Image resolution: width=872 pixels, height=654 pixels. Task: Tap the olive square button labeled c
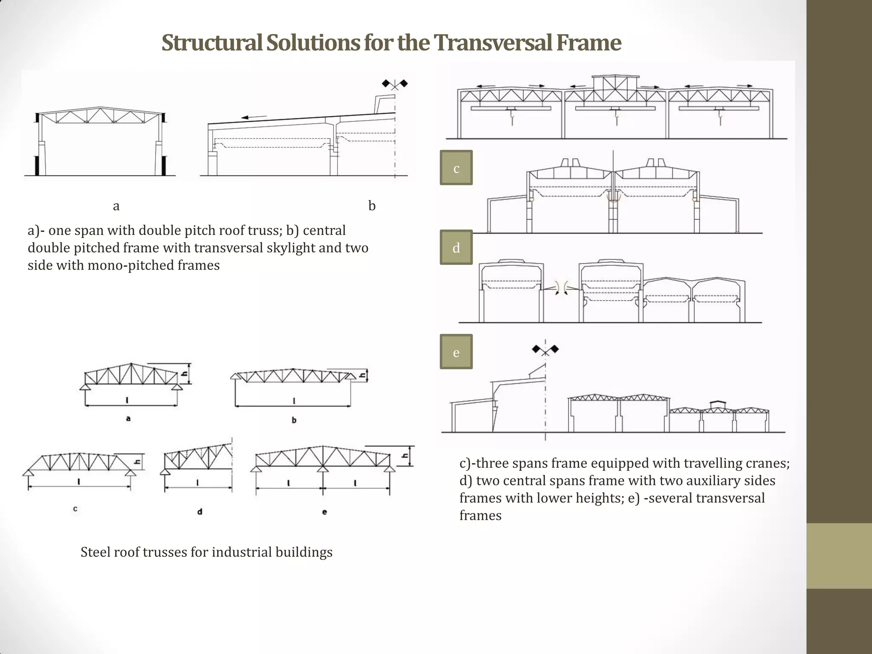point(456,168)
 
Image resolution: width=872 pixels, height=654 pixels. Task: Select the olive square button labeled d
point(456,247)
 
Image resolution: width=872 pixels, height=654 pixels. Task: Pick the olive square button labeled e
point(456,352)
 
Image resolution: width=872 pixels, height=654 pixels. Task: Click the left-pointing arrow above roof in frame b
point(253,117)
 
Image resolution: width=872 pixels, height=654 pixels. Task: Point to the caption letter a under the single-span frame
point(116,206)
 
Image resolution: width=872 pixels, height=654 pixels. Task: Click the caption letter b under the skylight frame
point(372,206)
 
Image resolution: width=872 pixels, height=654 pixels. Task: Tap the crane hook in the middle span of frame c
point(616,115)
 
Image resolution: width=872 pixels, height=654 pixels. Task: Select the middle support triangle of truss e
point(322,469)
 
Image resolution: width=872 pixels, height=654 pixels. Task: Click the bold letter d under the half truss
point(200,511)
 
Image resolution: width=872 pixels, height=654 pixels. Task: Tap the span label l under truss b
point(294,401)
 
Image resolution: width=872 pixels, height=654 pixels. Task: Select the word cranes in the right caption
point(766,463)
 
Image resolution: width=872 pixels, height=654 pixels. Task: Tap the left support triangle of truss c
point(29,472)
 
